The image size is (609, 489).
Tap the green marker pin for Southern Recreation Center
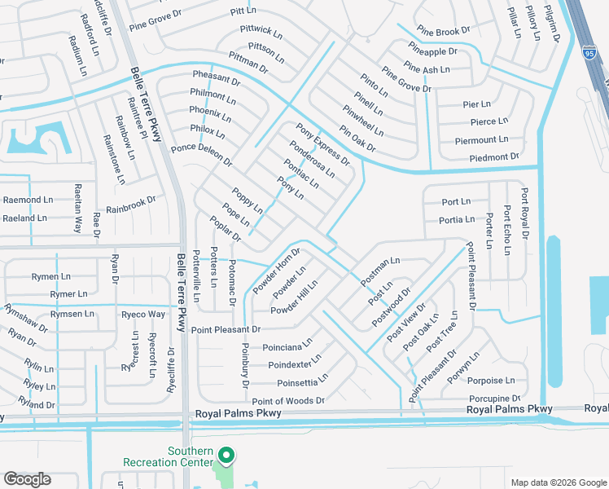[x=229, y=456]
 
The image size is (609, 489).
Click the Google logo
[x=27, y=478]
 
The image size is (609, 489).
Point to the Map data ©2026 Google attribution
[x=558, y=482]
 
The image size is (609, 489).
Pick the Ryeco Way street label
[x=142, y=314]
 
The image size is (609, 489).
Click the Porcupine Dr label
[x=494, y=399]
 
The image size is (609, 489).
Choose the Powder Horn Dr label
[x=277, y=270]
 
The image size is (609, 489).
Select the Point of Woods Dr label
[x=287, y=401]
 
